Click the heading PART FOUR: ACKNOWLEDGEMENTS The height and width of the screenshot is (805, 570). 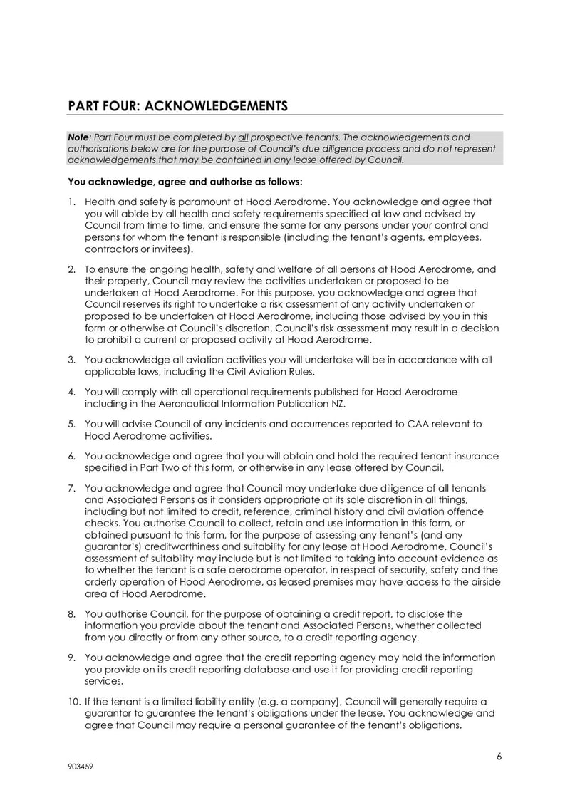[x=177, y=106]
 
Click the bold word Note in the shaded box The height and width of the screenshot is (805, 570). [x=78, y=137]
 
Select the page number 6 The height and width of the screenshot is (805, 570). [x=499, y=757]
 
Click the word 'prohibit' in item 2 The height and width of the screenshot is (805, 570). [x=104, y=340]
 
